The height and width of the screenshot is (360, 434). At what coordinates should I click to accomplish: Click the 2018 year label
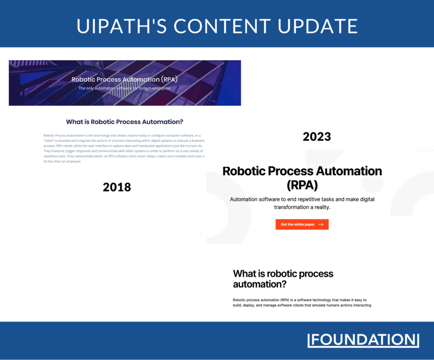point(117,187)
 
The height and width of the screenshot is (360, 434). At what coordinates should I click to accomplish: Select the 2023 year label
point(317,136)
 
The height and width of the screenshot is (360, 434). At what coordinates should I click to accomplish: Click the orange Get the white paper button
point(302,224)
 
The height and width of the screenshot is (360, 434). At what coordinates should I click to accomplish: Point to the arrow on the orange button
point(321,224)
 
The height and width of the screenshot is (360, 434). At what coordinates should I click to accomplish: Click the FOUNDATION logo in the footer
point(363,340)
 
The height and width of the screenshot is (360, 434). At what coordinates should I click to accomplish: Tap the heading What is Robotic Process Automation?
point(125,122)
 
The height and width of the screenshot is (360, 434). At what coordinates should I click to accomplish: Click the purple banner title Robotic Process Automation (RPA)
point(124,79)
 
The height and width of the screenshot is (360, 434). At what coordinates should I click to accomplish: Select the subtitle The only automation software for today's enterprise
point(124,88)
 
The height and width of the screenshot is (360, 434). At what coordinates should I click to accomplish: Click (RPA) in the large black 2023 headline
point(302,186)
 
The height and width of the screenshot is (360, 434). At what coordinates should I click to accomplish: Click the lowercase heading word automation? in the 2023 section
point(260,284)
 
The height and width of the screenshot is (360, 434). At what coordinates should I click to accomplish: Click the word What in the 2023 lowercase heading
point(245,274)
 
